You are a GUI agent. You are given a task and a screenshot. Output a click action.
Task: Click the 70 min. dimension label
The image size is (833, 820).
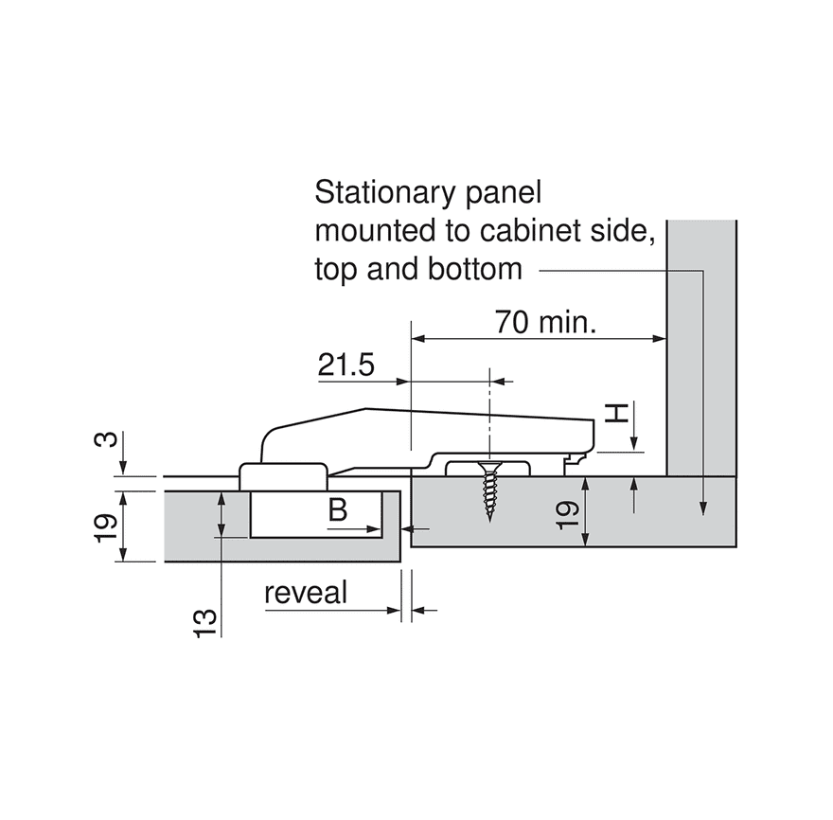click(x=545, y=322)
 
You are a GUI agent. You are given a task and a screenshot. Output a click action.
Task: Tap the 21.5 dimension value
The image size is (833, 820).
click(x=346, y=365)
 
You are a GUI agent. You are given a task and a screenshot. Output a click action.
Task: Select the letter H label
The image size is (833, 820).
click(x=617, y=413)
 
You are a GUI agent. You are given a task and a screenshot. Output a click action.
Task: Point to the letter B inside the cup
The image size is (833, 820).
click(x=338, y=510)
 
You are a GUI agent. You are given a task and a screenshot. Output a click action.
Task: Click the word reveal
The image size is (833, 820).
click(x=306, y=593)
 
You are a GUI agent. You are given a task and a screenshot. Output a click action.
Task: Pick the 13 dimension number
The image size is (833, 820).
click(x=205, y=623)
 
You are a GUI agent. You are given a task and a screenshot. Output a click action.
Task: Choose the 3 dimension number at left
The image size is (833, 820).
click(x=106, y=440)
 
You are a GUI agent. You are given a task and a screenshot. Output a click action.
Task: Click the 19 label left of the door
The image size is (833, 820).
click(x=106, y=527)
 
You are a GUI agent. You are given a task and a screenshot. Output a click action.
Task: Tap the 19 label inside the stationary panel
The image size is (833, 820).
click(x=568, y=515)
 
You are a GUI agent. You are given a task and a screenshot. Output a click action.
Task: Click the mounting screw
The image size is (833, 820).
click(x=488, y=490)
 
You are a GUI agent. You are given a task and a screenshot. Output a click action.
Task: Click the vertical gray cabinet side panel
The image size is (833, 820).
click(x=701, y=348)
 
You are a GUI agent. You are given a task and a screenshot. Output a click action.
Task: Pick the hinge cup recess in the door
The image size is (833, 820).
click(x=316, y=514)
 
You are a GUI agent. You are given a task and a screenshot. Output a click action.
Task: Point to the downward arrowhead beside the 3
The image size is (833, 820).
click(x=123, y=467)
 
